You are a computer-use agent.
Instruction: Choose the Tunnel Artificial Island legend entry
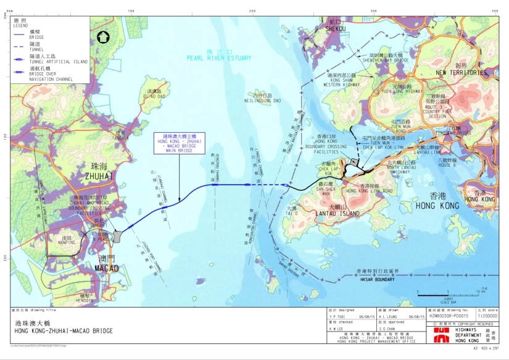pyautogui.click(x=49, y=61)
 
